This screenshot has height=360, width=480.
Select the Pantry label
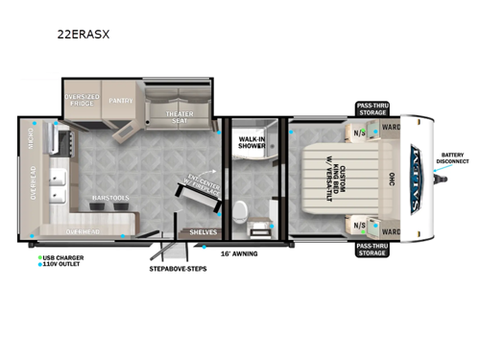click(x=120, y=99)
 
